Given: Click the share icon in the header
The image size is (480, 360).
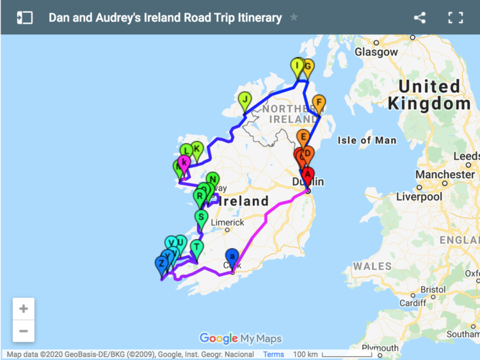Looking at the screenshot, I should [x=420, y=17].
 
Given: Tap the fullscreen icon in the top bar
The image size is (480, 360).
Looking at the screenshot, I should [x=455, y=17].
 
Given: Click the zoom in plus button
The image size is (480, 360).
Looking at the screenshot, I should [x=24, y=309].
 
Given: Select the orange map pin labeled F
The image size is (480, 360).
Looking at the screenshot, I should [x=319, y=102].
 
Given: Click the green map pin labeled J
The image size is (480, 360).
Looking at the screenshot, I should [x=244, y=100].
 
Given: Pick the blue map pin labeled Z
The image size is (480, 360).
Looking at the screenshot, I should [x=161, y=263].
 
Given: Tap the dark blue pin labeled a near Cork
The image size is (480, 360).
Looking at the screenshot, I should [x=232, y=256].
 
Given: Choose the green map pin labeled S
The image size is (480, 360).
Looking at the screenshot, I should [x=201, y=217].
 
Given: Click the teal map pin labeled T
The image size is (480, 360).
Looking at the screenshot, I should [x=196, y=247].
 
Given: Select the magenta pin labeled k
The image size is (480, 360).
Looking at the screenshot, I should [x=184, y=163].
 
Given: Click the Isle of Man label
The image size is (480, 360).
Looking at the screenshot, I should [x=367, y=140].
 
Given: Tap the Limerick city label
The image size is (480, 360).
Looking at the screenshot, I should [x=227, y=222].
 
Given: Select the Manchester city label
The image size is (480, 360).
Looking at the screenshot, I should [x=445, y=174].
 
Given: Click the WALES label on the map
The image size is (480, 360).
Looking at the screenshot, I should [x=372, y=266].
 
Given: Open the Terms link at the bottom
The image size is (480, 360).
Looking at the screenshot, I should [x=273, y=354].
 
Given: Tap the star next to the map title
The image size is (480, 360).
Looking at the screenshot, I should [x=294, y=17].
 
